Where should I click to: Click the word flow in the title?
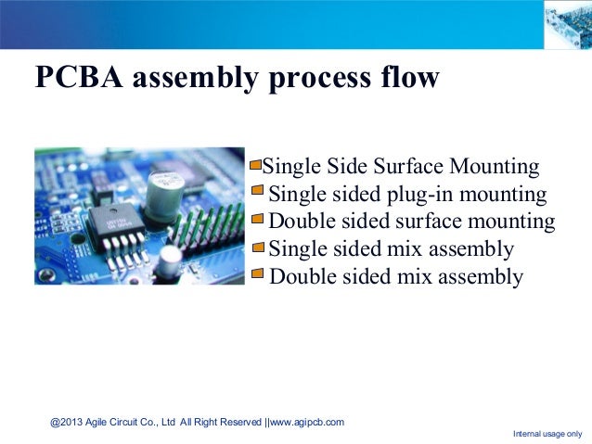coord(405,78)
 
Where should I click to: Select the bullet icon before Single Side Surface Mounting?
coord(256,167)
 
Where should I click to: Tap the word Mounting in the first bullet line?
coord(492,168)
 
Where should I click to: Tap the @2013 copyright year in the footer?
coord(66,422)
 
